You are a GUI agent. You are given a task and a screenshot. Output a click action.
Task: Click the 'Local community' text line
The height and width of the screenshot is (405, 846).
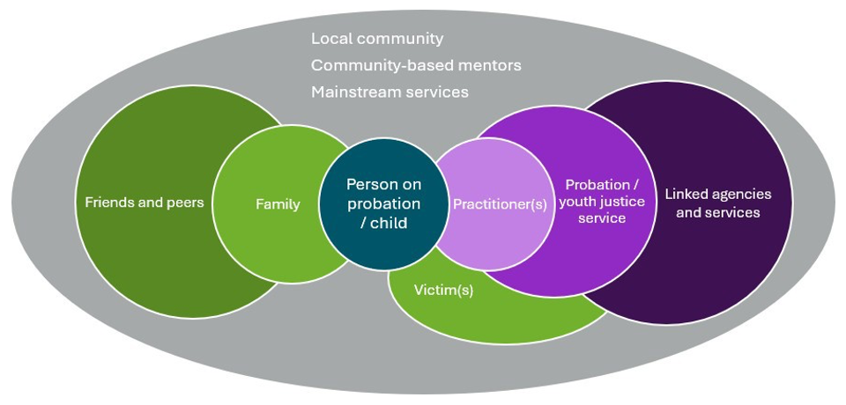tap(377, 39)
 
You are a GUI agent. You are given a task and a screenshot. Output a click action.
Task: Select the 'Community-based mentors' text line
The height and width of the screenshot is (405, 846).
tap(416, 65)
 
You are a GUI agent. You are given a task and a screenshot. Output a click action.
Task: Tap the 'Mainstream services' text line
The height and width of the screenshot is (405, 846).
tap(390, 92)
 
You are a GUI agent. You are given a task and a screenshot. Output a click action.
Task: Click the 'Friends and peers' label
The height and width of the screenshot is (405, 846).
tap(145, 202)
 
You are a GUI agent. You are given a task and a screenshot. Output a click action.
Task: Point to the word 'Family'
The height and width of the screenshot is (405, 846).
tap(278, 204)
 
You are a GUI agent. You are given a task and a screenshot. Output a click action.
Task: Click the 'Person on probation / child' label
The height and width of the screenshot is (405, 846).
tap(383, 203)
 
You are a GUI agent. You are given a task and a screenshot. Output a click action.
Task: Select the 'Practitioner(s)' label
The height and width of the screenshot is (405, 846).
tap(500, 204)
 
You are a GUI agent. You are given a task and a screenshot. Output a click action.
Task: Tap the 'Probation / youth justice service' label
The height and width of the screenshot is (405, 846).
tap(605, 202)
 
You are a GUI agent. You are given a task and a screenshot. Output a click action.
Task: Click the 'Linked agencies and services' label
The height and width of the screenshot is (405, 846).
tap(717, 202)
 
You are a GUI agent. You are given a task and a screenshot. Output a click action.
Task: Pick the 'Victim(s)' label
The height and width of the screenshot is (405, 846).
tap(443, 290)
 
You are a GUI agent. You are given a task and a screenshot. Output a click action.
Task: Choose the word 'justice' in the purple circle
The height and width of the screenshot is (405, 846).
tap(621, 202)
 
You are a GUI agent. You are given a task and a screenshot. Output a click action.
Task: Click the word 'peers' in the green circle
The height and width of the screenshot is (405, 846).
tap(185, 202)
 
